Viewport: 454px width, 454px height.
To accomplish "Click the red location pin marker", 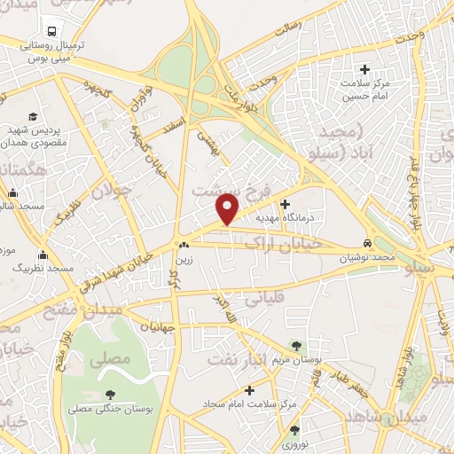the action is (228, 208).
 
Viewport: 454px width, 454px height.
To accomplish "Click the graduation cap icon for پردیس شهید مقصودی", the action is (33, 116).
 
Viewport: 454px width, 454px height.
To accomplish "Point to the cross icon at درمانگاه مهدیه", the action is (285, 203).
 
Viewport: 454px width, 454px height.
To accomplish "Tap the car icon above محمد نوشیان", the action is (367, 243).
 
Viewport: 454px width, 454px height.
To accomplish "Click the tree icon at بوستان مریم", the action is (296, 346).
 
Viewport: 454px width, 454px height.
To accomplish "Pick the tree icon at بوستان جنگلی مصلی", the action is (109, 395).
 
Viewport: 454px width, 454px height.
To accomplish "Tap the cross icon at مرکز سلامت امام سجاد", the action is (249, 389).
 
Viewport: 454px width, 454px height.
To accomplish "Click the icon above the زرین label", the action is (183, 246).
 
